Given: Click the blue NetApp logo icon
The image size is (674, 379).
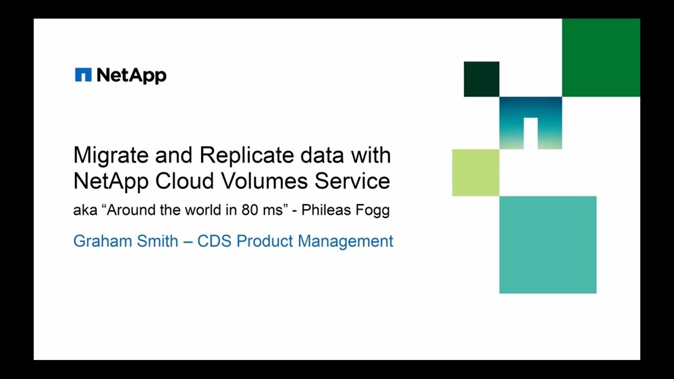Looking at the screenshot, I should [x=83, y=75].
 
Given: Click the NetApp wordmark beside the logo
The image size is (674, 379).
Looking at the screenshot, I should [x=132, y=75].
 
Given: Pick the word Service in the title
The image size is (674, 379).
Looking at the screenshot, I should [x=352, y=181].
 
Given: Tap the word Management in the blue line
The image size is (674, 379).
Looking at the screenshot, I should [x=345, y=242].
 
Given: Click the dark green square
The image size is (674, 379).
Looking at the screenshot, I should [x=481, y=79].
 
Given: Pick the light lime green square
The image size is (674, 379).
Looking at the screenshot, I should [x=475, y=173].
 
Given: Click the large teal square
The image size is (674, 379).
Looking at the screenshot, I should [x=548, y=244].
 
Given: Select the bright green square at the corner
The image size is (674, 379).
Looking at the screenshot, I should [x=601, y=58].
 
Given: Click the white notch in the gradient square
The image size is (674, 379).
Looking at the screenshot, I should [x=530, y=133].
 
